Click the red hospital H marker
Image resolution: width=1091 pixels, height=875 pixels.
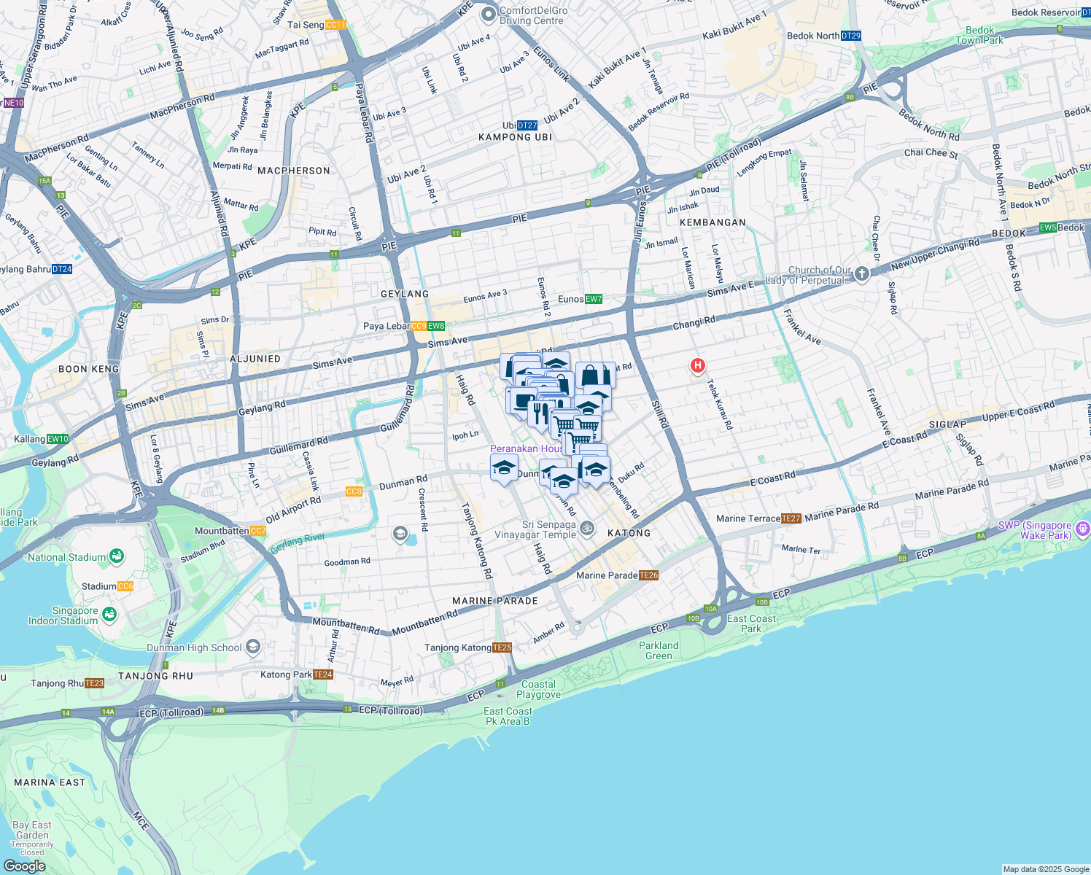coord(698,365)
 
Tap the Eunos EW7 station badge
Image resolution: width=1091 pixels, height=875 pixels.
coord(593,299)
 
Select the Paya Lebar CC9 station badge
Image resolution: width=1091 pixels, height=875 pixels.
coord(418,326)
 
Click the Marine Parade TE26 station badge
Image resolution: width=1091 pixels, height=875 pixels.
coord(648,575)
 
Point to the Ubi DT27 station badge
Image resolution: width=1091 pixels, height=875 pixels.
coord(527,125)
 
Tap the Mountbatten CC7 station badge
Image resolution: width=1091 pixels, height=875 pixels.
coord(258,531)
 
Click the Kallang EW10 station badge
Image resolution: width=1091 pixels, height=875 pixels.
coord(58,439)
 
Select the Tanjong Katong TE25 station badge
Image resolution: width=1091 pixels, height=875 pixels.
coord(502,647)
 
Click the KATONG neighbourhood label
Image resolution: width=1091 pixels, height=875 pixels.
coord(629,533)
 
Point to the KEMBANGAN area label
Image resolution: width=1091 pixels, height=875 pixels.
coord(713,222)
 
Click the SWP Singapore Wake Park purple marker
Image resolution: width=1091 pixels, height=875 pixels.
coord(1083,528)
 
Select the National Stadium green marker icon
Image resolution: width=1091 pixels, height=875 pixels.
coord(117,557)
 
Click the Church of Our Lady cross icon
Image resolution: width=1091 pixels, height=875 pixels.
coord(862,274)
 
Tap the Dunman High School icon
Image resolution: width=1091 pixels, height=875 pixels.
coord(253,647)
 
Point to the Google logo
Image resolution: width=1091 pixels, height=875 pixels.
coord(24,866)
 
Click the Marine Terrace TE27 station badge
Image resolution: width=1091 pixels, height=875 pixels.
coord(791,518)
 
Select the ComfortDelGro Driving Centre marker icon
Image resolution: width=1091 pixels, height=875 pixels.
coord(488,13)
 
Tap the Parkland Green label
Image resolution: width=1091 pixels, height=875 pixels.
coord(659,650)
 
